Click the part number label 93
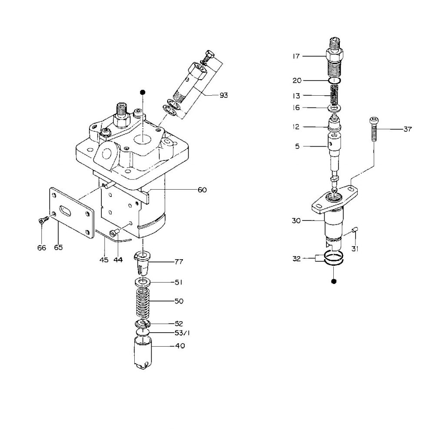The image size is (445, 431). (x=223, y=95)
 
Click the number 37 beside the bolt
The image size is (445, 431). (x=408, y=129)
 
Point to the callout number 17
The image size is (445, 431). (x=296, y=56)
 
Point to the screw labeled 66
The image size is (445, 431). (x=41, y=221)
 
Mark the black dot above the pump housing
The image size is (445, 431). (x=142, y=92)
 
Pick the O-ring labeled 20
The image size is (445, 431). (x=333, y=80)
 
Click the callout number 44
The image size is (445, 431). (x=118, y=260)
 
